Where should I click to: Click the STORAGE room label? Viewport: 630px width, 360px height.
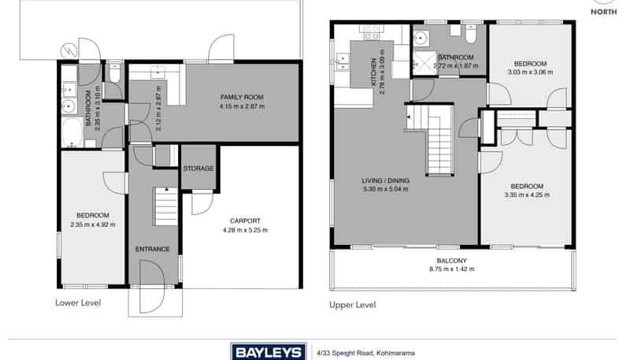[198, 169]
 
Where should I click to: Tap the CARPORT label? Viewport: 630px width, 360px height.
[245, 221]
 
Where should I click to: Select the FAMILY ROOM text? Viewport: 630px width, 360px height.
[242, 97]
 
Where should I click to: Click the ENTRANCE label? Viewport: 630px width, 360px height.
[153, 249]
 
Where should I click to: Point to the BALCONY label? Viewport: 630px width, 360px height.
[451, 261]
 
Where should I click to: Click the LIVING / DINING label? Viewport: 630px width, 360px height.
[385, 180]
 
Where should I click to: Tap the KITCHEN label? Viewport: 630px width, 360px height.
[374, 72]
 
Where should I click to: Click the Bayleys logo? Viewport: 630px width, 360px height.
[269, 352]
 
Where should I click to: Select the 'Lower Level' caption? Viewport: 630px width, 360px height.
[78, 302]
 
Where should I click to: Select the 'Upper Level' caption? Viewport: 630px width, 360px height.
[352, 305]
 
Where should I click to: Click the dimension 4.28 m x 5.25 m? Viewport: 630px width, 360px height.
[245, 230]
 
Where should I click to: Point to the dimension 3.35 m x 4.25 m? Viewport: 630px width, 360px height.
[527, 195]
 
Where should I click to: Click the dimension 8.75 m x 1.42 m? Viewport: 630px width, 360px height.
[451, 269]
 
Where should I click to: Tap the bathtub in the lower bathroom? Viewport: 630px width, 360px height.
[72, 132]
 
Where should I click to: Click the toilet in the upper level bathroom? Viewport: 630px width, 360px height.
[471, 34]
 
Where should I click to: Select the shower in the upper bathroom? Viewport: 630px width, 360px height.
[424, 63]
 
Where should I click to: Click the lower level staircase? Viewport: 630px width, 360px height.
[165, 206]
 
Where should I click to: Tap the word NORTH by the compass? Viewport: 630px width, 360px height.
[603, 12]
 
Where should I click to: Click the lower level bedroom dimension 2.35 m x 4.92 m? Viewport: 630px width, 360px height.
[92, 225]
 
